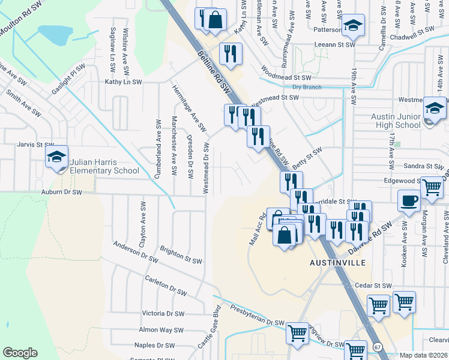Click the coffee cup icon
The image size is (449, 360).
409,200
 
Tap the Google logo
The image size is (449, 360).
20,353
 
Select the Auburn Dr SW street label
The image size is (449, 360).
61,192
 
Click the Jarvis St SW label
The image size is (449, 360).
36,145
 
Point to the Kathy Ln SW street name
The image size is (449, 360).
123,82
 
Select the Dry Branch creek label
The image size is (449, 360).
307,87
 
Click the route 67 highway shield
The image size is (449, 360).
377,347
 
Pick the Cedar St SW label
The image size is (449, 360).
373,286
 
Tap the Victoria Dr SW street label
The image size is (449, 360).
163,313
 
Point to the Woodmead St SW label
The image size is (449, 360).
291,77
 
